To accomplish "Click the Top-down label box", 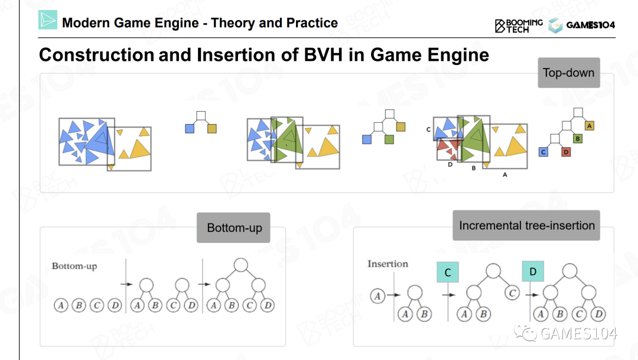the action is (x=568, y=73).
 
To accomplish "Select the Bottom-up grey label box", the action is (x=234, y=228).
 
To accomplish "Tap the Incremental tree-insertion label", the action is (x=526, y=225).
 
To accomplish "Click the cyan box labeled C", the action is (x=448, y=273).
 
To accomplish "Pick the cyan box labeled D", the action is (x=533, y=272).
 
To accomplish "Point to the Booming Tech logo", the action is (x=518, y=25).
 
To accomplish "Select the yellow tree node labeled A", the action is (x=590, y=126).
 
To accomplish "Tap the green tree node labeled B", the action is (x=578, y=139).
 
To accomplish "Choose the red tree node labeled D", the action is (x=566, y=152).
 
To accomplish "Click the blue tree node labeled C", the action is (x=543, y=152).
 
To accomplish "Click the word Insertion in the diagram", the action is (x=388, y=264).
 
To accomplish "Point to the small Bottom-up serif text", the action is (x=74, y=266).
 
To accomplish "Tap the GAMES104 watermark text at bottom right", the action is (x=579, y=334).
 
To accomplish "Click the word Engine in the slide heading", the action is (x=459, y=55).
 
